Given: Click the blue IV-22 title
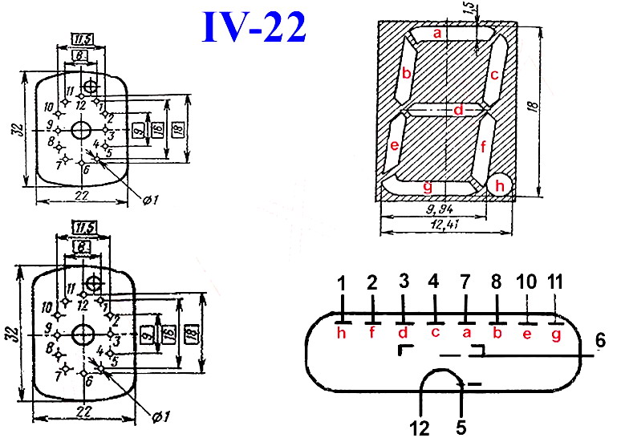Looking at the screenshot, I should (253, 27).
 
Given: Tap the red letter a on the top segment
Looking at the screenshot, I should (437, 34).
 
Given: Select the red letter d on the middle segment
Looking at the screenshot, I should (458, 110).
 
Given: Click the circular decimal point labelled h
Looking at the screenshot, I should (501, 185).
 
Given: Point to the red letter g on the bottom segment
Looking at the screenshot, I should (427, 186).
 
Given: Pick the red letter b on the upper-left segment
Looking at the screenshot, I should (407, 75).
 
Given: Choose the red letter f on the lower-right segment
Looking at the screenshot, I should (483, 147).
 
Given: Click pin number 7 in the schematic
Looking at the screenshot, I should (465, 282).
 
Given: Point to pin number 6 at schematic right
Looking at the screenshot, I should (599, 340).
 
